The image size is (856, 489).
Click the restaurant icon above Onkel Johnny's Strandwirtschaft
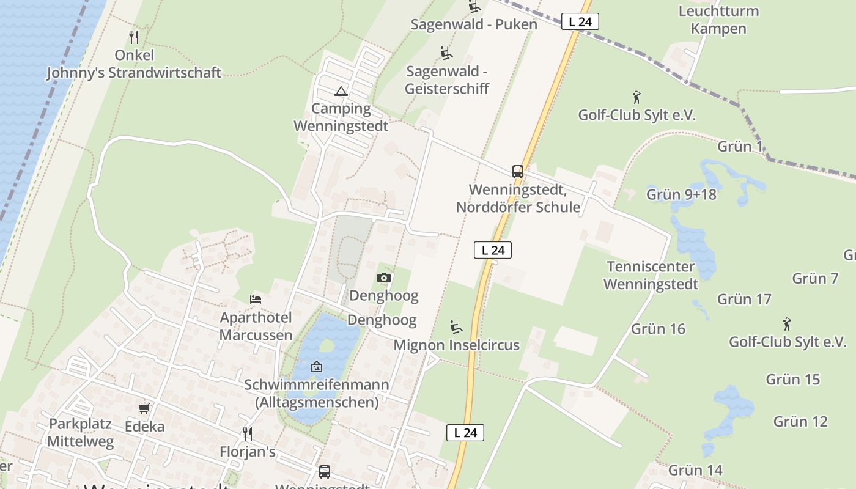[134, 37]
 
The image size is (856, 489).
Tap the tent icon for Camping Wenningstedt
[341, 92]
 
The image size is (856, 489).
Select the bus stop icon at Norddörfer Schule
[518, 172]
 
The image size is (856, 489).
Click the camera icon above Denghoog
[384, 278]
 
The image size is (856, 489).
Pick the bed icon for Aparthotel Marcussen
[256, 299]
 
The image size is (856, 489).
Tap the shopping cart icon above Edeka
[144, 408]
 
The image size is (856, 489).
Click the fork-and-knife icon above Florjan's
[248, 433]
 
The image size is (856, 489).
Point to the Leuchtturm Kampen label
[718, 20]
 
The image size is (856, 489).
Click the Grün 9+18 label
[681, 194]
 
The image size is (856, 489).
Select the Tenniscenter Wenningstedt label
[651, 275]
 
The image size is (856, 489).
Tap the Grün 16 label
[658, 329]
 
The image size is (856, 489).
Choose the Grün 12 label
[800, 421]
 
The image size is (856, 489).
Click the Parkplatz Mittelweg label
[80, 432]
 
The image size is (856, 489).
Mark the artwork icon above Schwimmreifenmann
[317, 367]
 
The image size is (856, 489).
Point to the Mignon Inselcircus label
[456, 345]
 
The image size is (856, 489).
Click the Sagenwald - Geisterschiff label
[448, 80]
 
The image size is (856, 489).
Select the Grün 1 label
[740, 146]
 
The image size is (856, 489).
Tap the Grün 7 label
[815, 278]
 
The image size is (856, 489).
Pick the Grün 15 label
[792, 379]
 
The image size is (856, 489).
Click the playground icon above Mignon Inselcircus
[456, 327]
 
